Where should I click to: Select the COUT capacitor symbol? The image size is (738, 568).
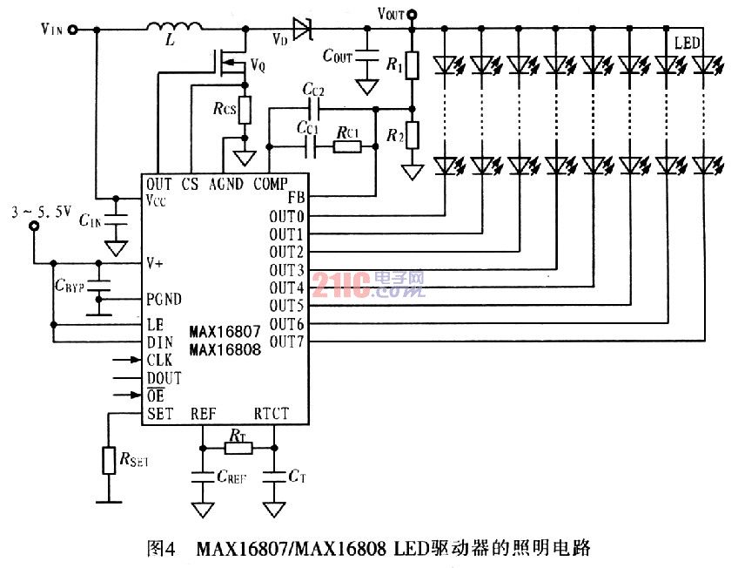coord(366,57)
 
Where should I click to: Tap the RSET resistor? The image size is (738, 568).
coord(109,459)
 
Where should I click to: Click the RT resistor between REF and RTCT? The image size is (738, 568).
coord(238,448)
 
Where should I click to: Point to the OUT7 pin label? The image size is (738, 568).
coord(286,341)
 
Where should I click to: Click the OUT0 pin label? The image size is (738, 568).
coord(286,216)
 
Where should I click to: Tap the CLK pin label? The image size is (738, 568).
coord(159,359)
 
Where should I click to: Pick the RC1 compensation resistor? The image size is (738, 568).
coord(346,146)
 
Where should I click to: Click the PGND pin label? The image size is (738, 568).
coord(164,300)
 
